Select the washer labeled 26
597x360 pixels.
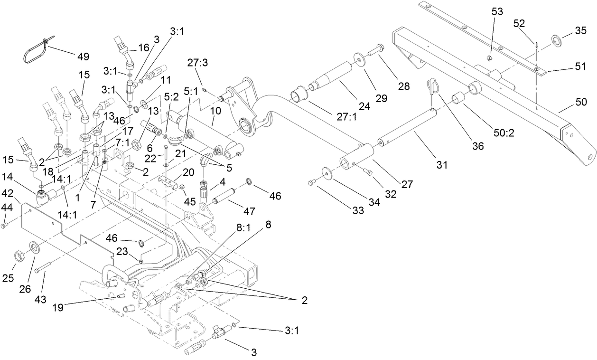click(35, 247)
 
